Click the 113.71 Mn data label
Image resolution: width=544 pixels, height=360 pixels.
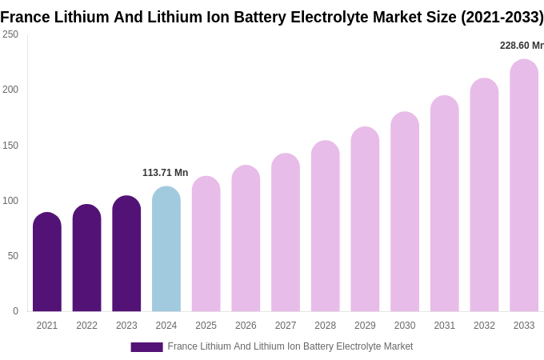[165, 173]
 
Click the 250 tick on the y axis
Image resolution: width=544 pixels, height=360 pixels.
[10, 34]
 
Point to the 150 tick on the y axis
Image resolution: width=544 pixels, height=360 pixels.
[10, 146]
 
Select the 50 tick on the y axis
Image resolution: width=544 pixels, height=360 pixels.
[13, 256]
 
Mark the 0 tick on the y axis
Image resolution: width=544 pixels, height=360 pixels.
[15, 311]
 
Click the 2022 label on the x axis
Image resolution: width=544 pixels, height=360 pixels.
[87, 326]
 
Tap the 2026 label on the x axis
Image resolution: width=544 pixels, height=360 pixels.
[246, 326]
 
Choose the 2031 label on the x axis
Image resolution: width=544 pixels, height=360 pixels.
[445, 326]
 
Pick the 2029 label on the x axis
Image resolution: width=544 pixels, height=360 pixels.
[365, 326]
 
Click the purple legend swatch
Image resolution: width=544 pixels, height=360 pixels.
[146, 347]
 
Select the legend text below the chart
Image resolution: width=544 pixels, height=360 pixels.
[290, 346]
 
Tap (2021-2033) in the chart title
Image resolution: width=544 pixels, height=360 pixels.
[502, 17]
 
